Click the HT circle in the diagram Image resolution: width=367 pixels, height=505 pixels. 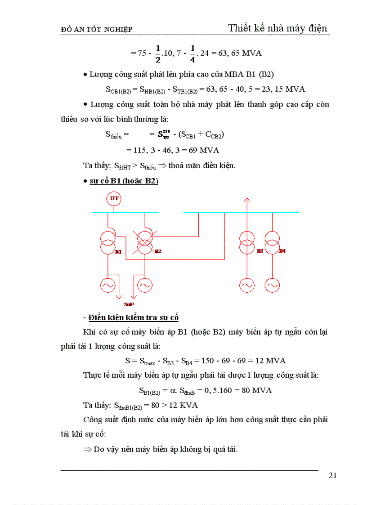pyautogui.click(x=114, y=198)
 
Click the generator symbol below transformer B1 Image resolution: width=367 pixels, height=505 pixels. pyautogui.click(x=108, y=285)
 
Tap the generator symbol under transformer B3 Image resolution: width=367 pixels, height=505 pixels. pyautogui.click(x=246, y=285)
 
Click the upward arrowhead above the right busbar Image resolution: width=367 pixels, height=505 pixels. pyautogui.click(x=246, y=200)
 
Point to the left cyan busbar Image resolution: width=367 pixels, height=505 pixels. pyautogui.click(x=125, y=212)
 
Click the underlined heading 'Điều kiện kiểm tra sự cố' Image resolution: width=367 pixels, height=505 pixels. pyautogui.click(x=133, y=318)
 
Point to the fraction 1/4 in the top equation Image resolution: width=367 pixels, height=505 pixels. pyautogui.click(x=192, y=53)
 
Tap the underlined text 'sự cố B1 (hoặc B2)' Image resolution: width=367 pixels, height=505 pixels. pyautogui.click(x=124, y=181)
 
